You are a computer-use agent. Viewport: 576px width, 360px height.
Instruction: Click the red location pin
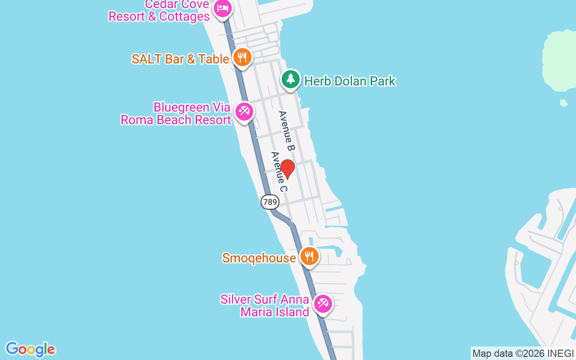pyautogui.click(x=287, y=169)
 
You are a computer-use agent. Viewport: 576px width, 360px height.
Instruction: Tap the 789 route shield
pyautogui.click(x=270, y=202)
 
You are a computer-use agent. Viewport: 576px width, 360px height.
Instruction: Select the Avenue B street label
pyautogui.click(x=286, y=130)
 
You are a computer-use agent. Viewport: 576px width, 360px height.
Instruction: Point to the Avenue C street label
pyautogui.click(x=279, y=171)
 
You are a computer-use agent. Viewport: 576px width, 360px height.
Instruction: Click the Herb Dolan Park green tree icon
pyautogui.click(x=291, y=80)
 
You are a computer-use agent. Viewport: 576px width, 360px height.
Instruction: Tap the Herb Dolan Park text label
pyautogui.click(x=350, y=81)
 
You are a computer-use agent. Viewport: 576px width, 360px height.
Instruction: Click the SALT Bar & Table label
pyautogui.click(x=180, y=59)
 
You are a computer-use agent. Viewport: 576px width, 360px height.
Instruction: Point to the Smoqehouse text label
pyautogui.click(x=259, y=258)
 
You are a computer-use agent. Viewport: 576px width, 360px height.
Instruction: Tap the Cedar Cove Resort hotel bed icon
pyautogui.click(x=222, y=9)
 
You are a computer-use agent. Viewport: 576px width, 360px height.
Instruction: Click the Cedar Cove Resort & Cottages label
pyautogui.click(x=159, y=11)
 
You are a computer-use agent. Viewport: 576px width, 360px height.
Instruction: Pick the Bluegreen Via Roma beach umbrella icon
pyautogui.click(x=244, y=111)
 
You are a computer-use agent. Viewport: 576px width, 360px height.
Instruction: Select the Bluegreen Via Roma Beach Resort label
pyautogui.click(x=176, y=113)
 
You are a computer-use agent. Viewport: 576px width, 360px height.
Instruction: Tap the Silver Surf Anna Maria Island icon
pyautogui.click(x=323, y=304)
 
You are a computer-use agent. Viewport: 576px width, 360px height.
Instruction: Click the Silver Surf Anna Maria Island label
pyautogui.click(x=265, y=306)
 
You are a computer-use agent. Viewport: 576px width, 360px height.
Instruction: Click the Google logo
pyautogui.click(x=30, y=349)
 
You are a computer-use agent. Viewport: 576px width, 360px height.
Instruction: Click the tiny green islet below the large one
pyautogui.click(x=564, y=103)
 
